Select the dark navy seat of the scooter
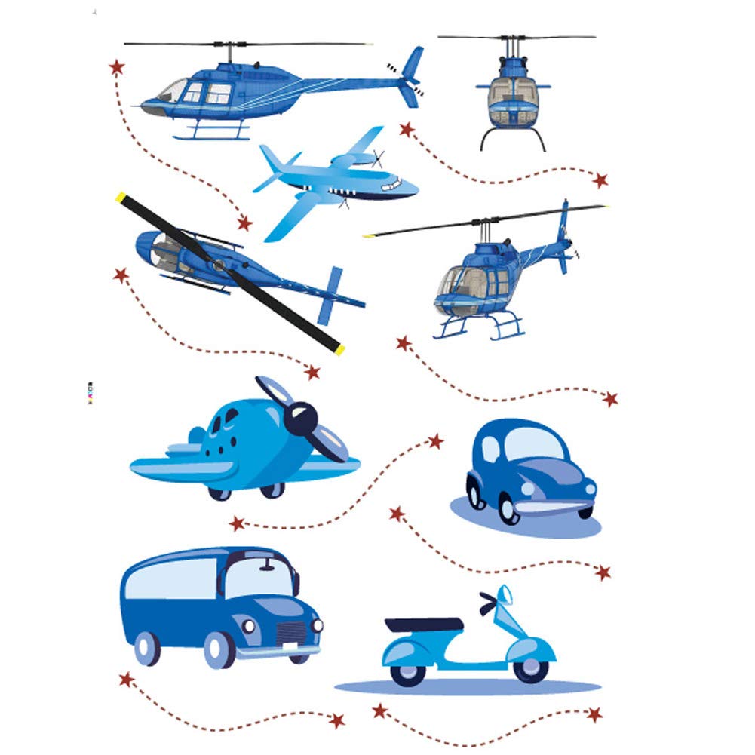point(423,625)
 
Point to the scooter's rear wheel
point(408,671)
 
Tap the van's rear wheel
point(147,647)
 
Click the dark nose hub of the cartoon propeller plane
point(303,414)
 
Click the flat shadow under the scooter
point(468,687)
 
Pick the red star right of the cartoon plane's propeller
point(435,441)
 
